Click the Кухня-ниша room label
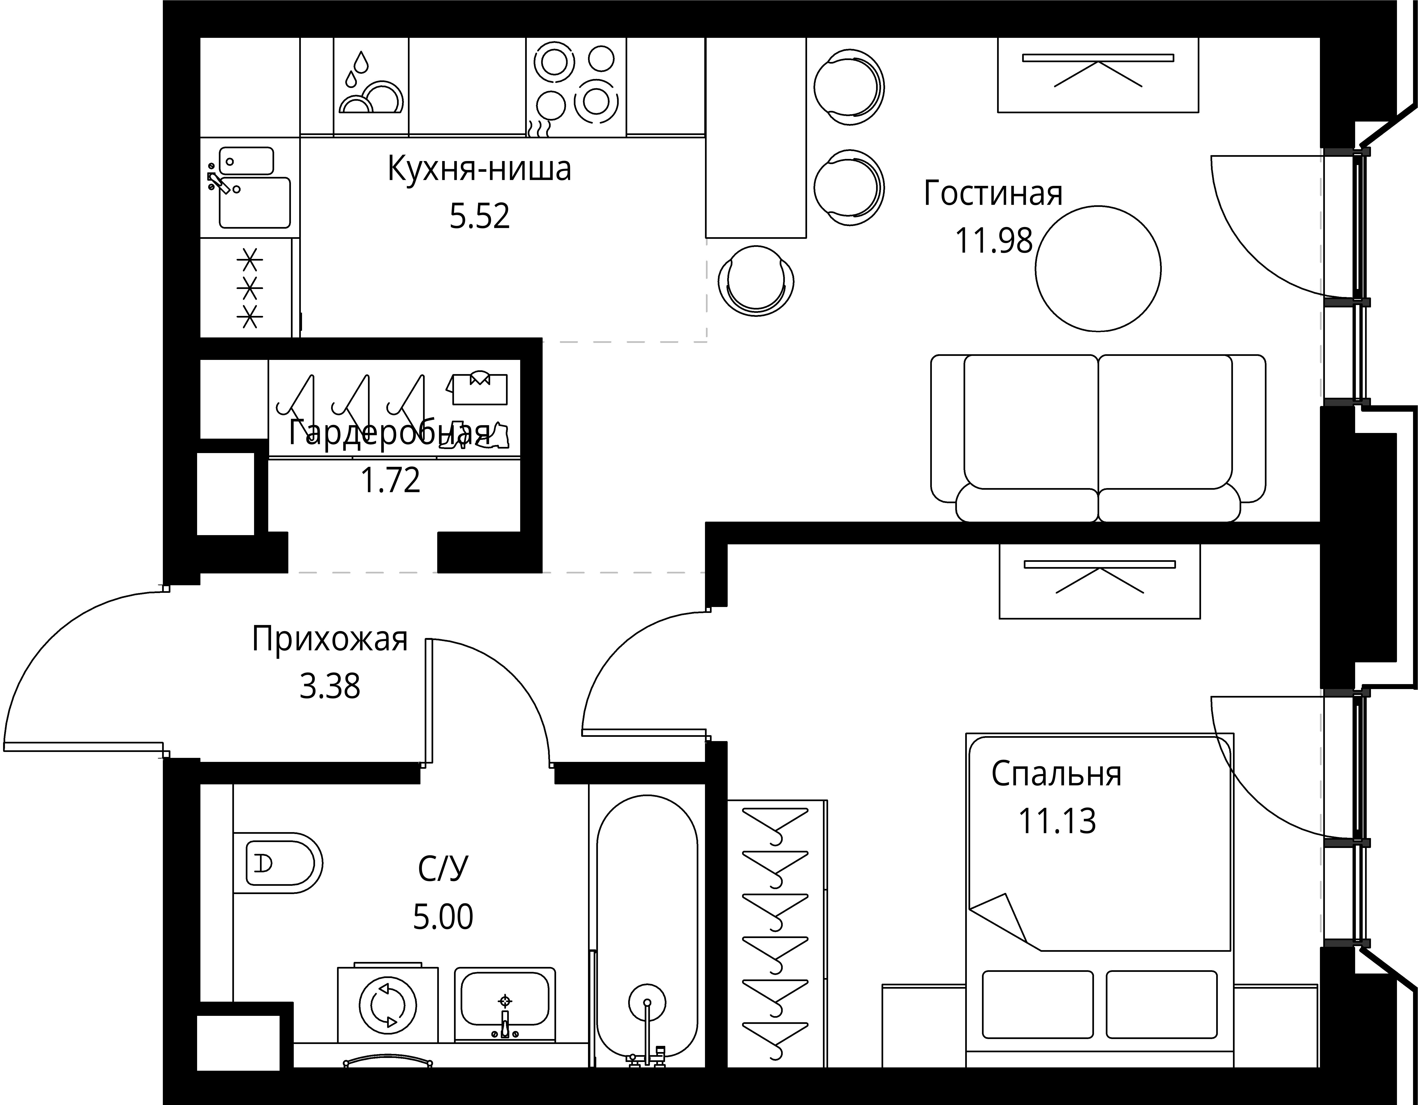[479, 169]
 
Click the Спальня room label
[1056, 774]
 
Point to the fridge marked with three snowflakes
[249, 288]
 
